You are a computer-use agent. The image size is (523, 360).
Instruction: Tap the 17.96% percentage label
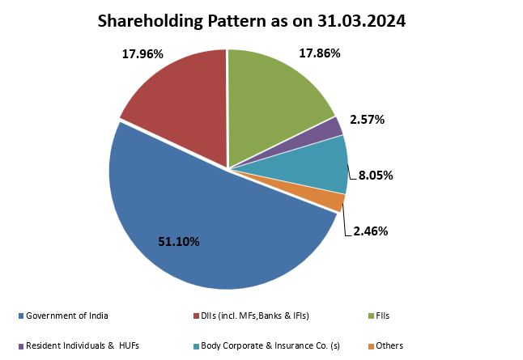pyautogui.click(x=142, y=55)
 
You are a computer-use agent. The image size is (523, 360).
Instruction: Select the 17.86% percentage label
pyautogui.click(x=320, y=53)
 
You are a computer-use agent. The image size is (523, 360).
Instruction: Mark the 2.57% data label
pyautogui.click(x=367, y=120)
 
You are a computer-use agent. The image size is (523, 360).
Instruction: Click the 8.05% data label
pyautogui.click(x=376, y=175)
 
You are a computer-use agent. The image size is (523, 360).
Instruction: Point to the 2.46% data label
pyautogui.click(x=371, y=231)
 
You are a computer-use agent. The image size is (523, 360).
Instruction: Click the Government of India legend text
pyautogui.click(x=67, y=316)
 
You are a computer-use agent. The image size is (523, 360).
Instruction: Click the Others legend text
pyautogui.click(x=389, y=345)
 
